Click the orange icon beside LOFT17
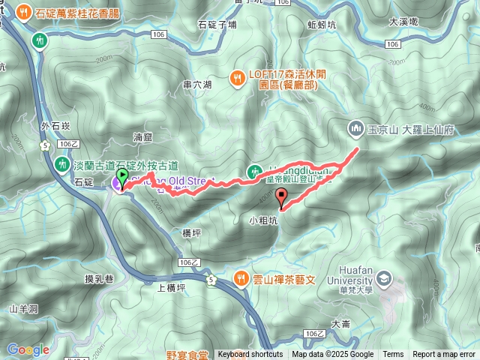pyautogui.click(x=237, y=76)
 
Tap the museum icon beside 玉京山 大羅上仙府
pyautogui.click(x=355, y=129)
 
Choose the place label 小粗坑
pyautogui.click(x=263, y=220)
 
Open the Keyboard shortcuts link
pyautogui.click(x=250, y=355)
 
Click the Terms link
pyautogui.click(x=393, y=355)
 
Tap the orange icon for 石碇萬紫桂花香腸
pyautogui.click(x=23, y=13)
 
